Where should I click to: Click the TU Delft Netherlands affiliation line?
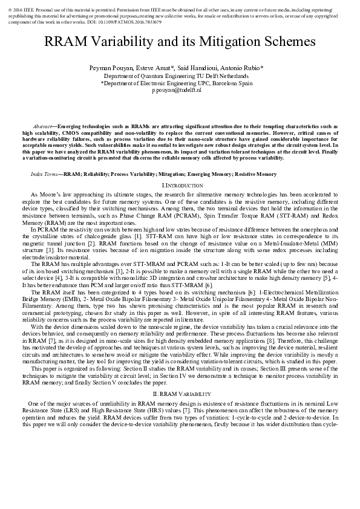point(180,77)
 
